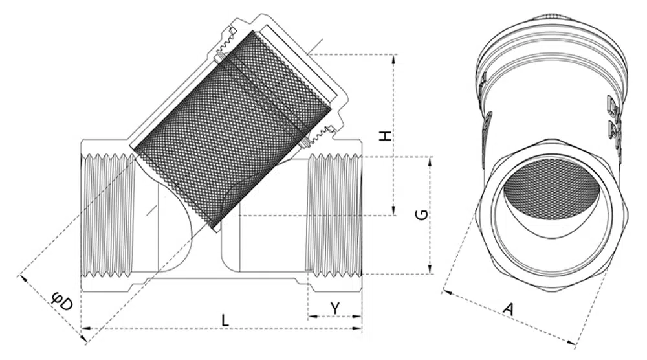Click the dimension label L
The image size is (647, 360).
[225, 320]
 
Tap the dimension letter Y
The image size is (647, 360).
[335, 308]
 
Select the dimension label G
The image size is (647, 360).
[422, 215]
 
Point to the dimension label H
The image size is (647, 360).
[386, 136]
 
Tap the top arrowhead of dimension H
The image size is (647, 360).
[393, 59]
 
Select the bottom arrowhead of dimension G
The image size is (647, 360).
[431, 269]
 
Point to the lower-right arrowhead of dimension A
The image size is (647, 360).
[571, 342]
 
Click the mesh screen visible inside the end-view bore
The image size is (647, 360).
[551, 194]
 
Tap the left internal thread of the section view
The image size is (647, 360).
[108, 215]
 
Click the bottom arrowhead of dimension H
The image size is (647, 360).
[393, 210]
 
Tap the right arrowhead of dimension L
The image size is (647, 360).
[357, 328]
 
